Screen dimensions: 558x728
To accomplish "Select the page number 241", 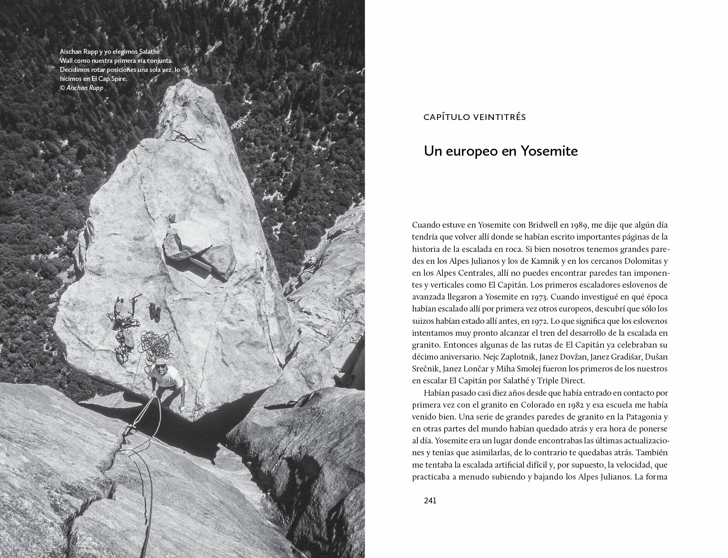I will click(430, 500).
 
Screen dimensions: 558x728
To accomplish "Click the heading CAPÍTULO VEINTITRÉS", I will click(475, 117).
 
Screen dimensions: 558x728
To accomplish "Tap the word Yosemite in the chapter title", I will click(549, 151).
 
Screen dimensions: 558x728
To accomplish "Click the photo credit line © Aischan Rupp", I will click(81, 88).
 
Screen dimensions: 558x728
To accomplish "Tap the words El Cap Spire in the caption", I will click(109, 79).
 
